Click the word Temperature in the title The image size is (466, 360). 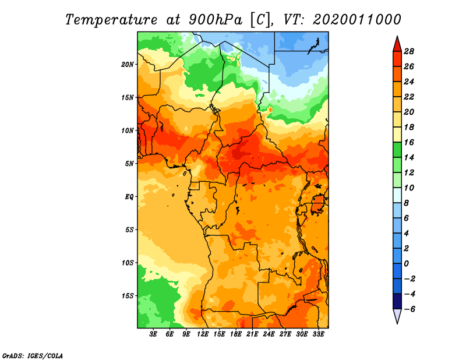(x=111, y=20)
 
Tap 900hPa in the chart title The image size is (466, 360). (x=215, y=20)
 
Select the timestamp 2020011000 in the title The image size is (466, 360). (x=356, y=19)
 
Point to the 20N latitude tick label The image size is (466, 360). (x=128, y=65)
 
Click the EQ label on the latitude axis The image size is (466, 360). (x=129, y=197)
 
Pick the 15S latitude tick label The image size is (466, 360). (x=128, y=296)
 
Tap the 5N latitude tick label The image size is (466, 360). (x=129, y=164)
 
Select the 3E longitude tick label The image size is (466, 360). (x=153, y=334)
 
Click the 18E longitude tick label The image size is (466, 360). (x=236, y=334)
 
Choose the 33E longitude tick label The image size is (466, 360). (x=318, y=334)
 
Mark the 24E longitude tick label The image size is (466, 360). (x=269, y=334)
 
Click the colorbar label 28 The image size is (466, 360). (x=409, y=51)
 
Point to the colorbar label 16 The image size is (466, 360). (x=409, y=142)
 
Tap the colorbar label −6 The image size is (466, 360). (x=409, y=309)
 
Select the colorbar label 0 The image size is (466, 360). (x=406, y=264)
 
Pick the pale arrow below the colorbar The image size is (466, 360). (x=397, y=315)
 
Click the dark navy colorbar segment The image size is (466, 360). (x=397, y=301)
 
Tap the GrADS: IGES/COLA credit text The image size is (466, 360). (x=33, y=355)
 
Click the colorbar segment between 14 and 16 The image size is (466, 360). (x=397, y=150)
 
